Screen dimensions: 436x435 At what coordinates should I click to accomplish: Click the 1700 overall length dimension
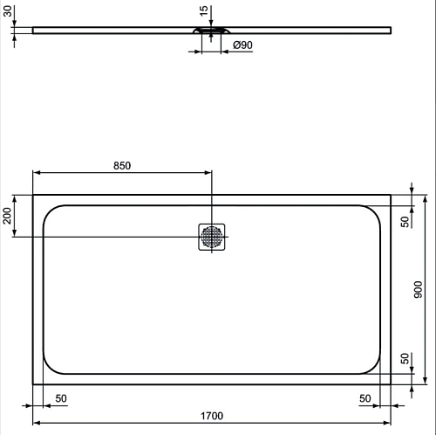[212, 416]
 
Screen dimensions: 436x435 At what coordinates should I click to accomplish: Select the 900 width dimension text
[418, 289]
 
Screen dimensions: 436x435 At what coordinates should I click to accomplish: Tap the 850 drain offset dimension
[122, 166]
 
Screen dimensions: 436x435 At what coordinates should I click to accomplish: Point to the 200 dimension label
[7, 216]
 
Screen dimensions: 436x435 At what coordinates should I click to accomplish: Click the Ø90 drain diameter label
[242, 45]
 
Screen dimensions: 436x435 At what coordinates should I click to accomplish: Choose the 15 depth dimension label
[204, 10]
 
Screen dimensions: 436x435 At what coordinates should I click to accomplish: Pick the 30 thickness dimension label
[8, 11]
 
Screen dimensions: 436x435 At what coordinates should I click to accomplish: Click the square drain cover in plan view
[212, 237]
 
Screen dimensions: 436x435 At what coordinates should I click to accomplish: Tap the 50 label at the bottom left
[61, 398]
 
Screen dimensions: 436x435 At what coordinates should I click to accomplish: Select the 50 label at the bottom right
[365, 398]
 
